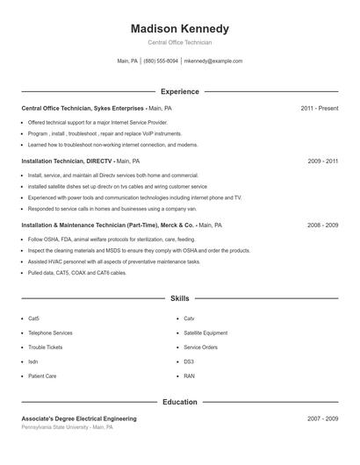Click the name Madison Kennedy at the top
[180, 29]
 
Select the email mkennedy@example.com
[213, 61]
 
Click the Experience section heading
[180, 91]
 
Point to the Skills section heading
[180, 299]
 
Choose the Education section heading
[180, 402]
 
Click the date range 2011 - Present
[319, 108]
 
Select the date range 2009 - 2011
[322, 161]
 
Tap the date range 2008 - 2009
[322, 225]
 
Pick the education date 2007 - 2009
[322, 418]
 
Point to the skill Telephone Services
[50, 333]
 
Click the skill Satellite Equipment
[205, 333]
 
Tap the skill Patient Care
[42, 376]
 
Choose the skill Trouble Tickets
[45, 347]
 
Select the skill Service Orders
[200, 347]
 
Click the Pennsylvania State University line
[67, 427]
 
